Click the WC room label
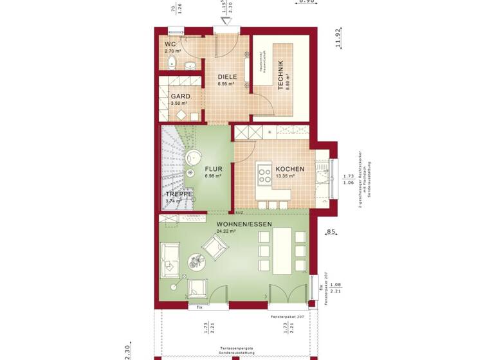point(170,44)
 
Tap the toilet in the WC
point(171,62)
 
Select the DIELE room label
point(227,77)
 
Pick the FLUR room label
point(214,169)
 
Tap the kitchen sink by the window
point(322,171)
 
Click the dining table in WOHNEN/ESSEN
point(281,251)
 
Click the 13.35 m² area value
point(285,176)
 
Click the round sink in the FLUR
point(192,158)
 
